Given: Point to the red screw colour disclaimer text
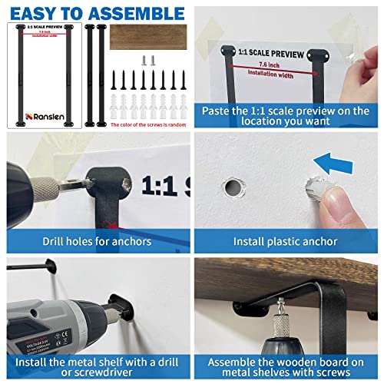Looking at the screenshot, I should click(146, 124).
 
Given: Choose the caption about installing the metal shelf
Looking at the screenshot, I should click(96, 363).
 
